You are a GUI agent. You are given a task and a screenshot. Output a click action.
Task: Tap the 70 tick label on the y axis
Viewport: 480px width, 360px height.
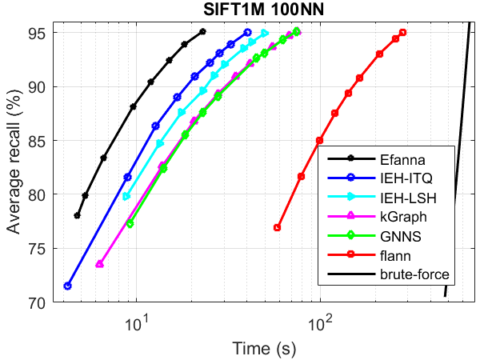[x=37, y=302]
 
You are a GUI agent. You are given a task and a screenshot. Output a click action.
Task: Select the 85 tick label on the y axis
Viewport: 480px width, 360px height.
[x=37, y=140]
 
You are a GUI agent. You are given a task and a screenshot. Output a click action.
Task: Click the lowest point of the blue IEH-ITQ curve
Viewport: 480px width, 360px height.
[x=68, y=286]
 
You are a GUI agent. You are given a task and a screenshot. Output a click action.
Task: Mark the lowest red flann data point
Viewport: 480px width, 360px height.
[x=277, y=227]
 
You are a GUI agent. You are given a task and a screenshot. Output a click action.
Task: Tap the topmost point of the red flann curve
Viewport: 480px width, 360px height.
[x=403, y=33]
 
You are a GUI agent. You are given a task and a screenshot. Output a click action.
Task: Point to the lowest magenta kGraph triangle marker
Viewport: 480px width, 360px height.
[x=99, y=264]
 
